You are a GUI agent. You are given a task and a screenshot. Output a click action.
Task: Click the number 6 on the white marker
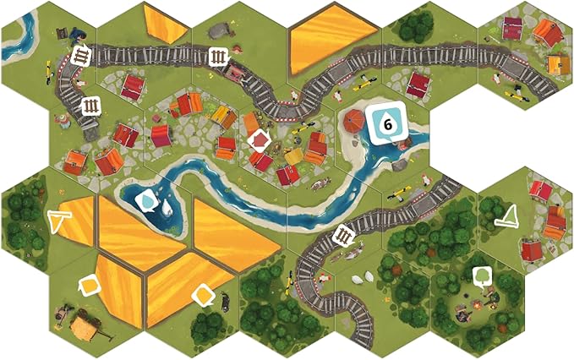coord(388,124)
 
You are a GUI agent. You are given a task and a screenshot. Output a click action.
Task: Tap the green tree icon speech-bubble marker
coord(482,275)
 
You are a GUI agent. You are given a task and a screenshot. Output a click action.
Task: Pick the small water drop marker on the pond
coord(147,200)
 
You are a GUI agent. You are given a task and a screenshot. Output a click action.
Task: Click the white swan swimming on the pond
coord(167,205)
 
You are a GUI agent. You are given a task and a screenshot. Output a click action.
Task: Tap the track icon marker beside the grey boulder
coord(217,57)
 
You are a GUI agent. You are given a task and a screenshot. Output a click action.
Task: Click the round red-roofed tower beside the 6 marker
coord(356,121)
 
